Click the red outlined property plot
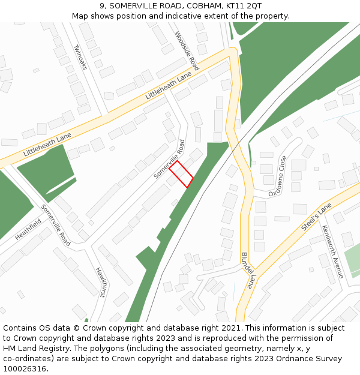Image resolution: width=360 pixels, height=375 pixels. coord(181,173)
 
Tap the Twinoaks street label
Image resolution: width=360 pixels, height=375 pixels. coord(80,57)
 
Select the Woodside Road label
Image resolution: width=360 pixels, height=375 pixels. coord(187,51)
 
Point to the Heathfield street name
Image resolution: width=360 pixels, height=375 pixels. coord(28,229)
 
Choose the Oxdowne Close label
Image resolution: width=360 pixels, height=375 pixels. coord(278,176)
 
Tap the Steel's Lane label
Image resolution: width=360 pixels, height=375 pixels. coord(316,217)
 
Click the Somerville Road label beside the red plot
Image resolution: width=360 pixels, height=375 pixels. coord(169,159)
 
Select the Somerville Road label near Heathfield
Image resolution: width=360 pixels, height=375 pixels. coord(56,226)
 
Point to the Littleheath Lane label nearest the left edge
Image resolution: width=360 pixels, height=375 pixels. coord(47,145)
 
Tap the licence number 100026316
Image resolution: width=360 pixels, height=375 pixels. coord(26,368)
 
